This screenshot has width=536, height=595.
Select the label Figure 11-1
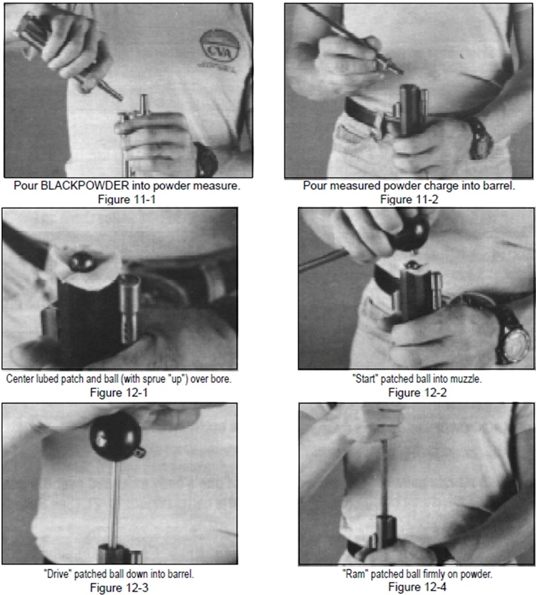tap(127, 199)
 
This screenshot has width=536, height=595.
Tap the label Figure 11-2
tap(409, 199)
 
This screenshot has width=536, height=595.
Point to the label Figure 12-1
tap(119, 392)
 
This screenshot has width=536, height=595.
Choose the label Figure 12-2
tap(417, 392)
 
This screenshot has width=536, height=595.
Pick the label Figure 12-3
tap(119, 588)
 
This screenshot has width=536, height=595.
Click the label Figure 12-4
tap(417, 587)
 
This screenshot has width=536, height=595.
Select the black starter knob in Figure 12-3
tap(116, 436)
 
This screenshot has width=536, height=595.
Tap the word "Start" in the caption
tap(365, 379)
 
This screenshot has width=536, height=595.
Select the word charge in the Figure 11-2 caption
tap(436, 187)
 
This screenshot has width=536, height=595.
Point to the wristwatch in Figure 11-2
tap(480, 138)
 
